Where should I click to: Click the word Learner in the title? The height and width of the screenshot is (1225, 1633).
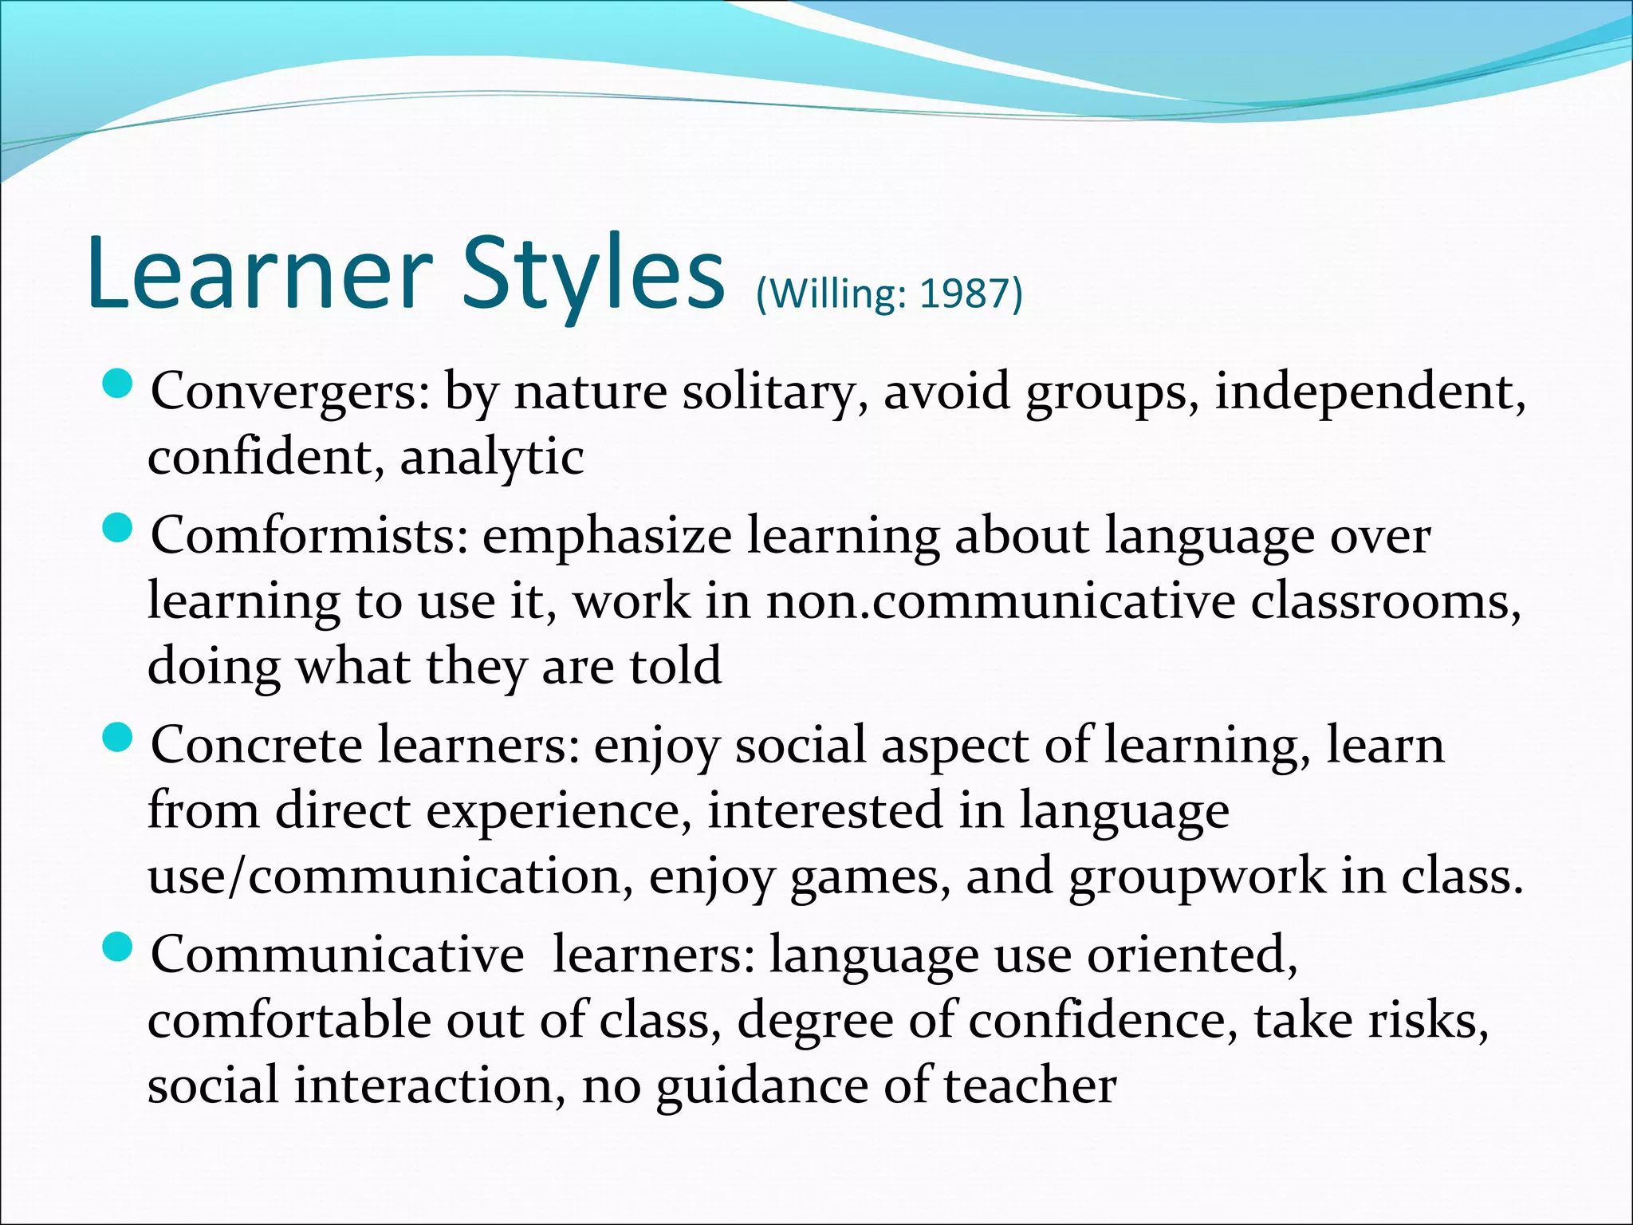pyautogui.click(x=260, y=273)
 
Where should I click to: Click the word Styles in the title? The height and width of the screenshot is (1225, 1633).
pyautogui.click(x=593, y=273)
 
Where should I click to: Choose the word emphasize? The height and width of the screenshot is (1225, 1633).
pyautogui.click(x=607, y=536)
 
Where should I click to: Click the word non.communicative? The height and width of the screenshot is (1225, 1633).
pyautogui.click(x=1000, y=601)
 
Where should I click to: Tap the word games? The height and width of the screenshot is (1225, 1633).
pyautogui.click(x=870, y=876)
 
